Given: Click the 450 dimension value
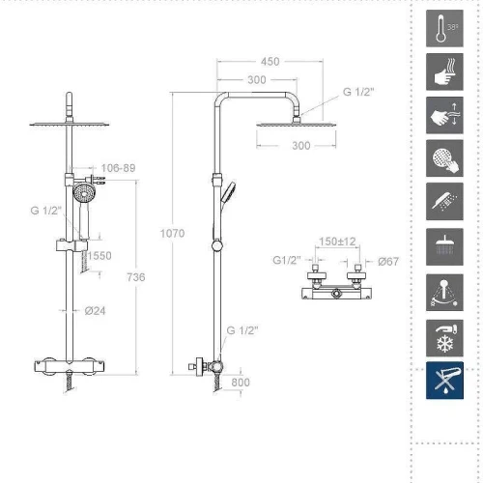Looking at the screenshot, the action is tap(270, 62).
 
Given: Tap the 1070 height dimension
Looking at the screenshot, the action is tap(172, 233).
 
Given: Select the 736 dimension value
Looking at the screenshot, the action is tap(136, 277).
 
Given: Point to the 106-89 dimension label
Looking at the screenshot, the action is tap(118, 168).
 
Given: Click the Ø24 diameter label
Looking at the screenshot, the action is tap(95, 311).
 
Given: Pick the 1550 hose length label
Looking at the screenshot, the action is tap(99, 256).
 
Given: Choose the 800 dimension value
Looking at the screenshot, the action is tap(241, 383).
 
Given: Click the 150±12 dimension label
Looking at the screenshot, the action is tap(337, 241).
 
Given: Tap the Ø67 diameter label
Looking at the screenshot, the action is tap(388, 262).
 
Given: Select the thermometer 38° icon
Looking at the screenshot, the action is tap(444, 28).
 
